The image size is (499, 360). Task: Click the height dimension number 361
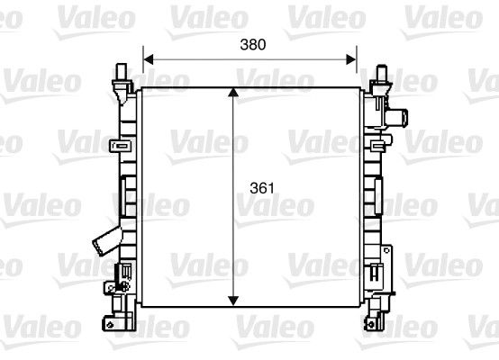pos(261,190)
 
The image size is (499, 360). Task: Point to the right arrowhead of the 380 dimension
pos(353,59)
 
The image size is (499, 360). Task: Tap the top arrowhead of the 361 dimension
pos(235,94)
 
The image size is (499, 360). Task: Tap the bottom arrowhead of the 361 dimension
pos(235,301)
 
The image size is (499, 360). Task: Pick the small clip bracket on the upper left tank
pos(115,146)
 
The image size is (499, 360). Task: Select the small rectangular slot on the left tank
pos(126,270)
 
